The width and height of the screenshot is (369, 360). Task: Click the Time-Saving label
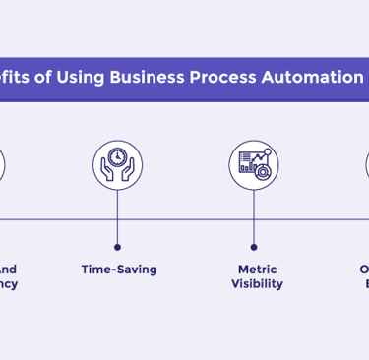[x=118, y=269]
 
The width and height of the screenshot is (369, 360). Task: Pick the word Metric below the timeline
[x=257, y=269]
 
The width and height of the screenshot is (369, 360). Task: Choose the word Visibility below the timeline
[x=257, y=284]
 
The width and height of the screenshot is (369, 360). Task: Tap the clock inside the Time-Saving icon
[x=117, y=156]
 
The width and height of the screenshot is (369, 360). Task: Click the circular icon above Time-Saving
[x=117, y=163]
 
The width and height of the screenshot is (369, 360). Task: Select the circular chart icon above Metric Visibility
[x=254, y=163]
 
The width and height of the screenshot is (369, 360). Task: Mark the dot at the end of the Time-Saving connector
[x=117, y=247]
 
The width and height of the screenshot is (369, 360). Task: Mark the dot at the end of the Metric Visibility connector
[x=254, y=247]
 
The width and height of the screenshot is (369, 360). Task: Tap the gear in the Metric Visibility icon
[x=262, y=172]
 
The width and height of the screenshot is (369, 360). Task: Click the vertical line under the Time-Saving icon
[x=117, y=216]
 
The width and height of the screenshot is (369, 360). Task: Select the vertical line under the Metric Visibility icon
[x=254, y=216]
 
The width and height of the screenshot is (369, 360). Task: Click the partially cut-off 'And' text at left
[x=7, y=269]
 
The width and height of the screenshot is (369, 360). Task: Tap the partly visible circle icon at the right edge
[x=366, y=163]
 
